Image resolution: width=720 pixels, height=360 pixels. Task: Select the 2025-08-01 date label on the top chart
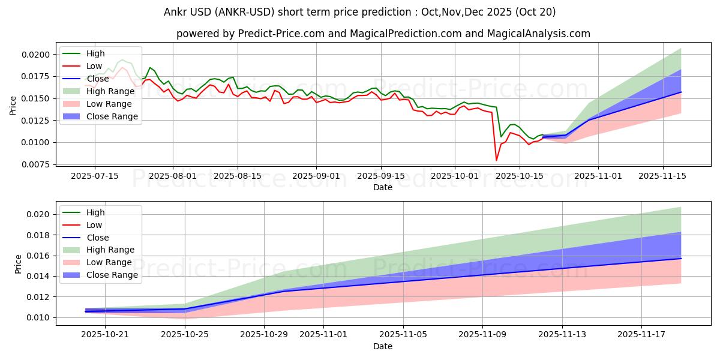(x=173, y=176)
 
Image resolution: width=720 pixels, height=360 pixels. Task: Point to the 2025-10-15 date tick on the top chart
(x=520, y=176)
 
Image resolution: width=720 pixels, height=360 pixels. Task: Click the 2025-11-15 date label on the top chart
(x=663, y=176)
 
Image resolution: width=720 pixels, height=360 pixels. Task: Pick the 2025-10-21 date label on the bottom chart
(x=106, y=334)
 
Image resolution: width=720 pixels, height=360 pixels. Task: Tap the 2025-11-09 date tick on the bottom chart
(x=483, y=334)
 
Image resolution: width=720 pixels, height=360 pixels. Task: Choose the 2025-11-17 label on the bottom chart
(x=641, y=334)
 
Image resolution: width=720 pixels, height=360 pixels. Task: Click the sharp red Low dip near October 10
(x=496, y=160)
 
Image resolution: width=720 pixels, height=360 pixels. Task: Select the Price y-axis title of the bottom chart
(x=19, y=264)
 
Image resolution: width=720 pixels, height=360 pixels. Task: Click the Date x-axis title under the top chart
(x=383, y=187)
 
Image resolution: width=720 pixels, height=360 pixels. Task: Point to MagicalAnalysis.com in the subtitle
(x=537, y=34)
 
